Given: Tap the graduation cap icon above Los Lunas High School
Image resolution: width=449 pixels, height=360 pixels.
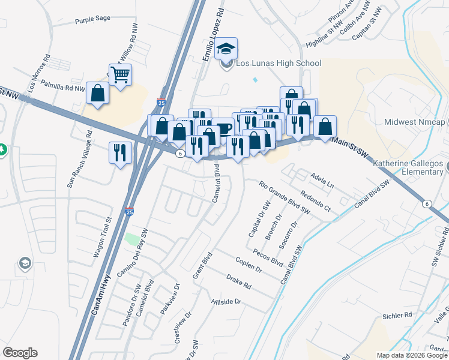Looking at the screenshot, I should point(226,49).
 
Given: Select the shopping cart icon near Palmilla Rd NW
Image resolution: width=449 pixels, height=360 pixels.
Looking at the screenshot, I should point(121,75).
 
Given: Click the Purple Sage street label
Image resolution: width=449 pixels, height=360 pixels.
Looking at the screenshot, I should point(92,19).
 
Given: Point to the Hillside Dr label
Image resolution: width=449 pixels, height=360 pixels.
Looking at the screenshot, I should point(226,301).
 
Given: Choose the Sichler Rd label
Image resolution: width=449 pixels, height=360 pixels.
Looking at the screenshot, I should point(399,314).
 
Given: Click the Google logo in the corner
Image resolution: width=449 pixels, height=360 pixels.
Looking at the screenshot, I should point(20,353).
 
